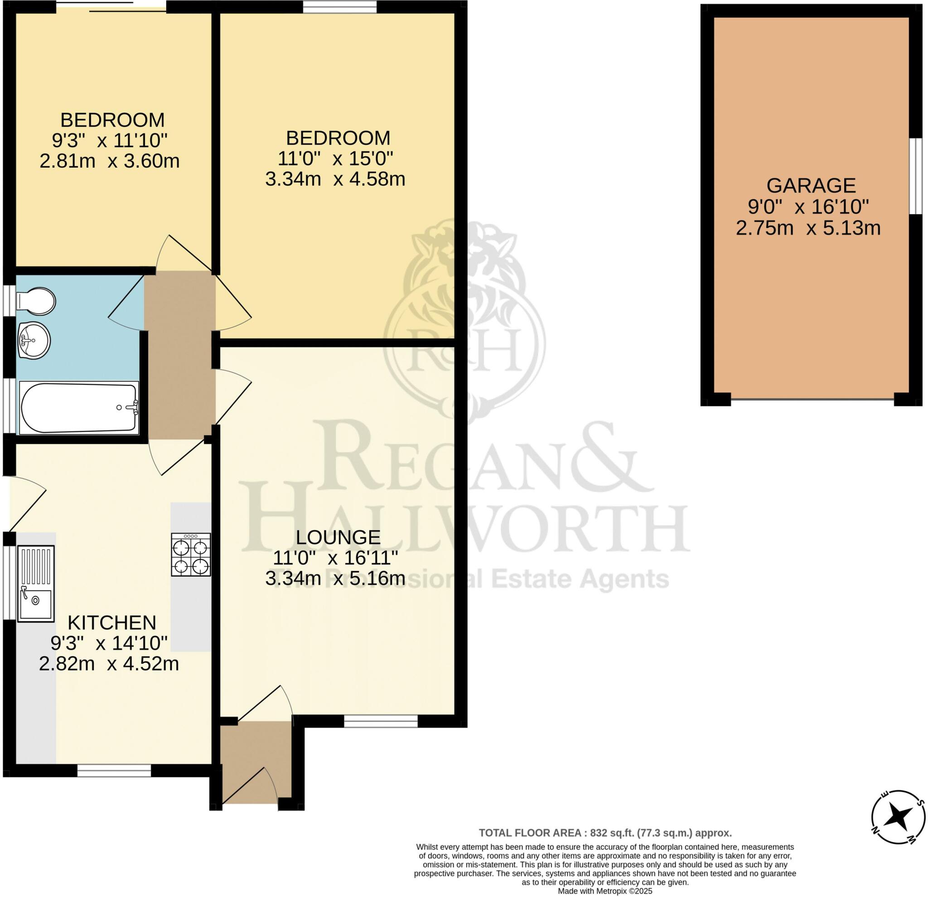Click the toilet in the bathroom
(36, 300)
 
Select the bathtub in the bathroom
(78, 408)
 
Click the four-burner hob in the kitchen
(191, 555)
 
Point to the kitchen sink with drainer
(36, 583)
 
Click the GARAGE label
(811, 186)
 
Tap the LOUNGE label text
(338, 537)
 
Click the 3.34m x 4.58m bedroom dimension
(335, 179)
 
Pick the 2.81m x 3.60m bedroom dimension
(109, 161)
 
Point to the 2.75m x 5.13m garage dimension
(808, 229)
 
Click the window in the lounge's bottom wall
(381, 721)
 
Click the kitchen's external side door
(26, 503)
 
